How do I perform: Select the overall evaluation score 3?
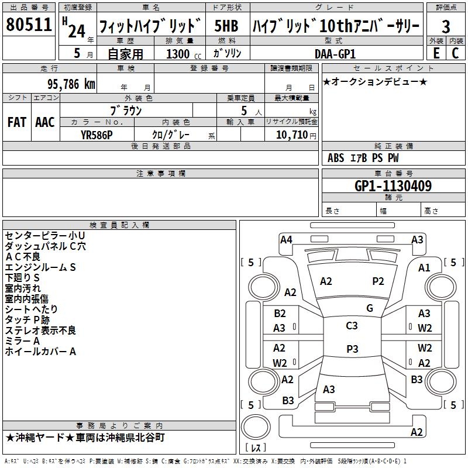coord(446,26)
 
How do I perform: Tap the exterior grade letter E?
coord(435,53)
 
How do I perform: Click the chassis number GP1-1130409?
coord(393,187)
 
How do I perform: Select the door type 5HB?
coord(226,26)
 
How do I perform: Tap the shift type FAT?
coord(16,122)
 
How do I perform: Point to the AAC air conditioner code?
coord(44,122)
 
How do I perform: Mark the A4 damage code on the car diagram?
coord(286,239)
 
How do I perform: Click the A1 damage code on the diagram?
coord(424,267)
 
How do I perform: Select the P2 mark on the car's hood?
coord(378,281)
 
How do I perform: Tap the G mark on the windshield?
coord(369,308)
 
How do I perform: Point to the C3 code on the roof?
coord(352,326)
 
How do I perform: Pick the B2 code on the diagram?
coord(280,314)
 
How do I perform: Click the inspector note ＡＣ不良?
coord(23,257)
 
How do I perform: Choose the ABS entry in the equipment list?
coord(336,158)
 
